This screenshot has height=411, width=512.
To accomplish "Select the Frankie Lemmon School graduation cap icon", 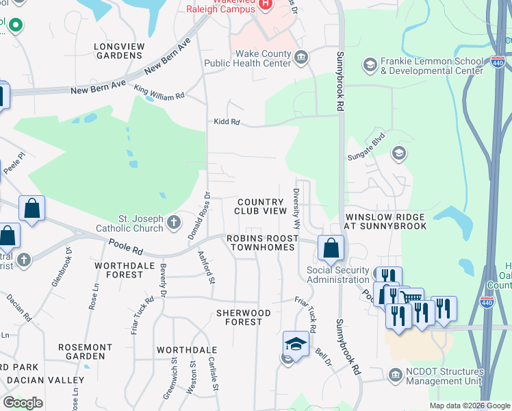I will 370,64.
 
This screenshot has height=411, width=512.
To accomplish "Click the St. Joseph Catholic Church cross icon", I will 174,223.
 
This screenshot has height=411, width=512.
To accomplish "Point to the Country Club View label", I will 260,206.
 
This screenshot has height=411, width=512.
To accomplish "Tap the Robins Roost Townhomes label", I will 264,242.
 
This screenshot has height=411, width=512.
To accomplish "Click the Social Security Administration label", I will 338,275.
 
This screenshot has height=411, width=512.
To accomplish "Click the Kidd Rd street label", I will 226,122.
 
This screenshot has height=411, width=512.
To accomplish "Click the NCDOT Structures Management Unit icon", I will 395,375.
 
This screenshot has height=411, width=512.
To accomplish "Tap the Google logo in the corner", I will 23,403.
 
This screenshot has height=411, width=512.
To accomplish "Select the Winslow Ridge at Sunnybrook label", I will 385,221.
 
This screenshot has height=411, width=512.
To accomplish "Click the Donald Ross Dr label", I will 198,215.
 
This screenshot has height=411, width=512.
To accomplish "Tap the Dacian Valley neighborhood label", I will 47,380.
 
